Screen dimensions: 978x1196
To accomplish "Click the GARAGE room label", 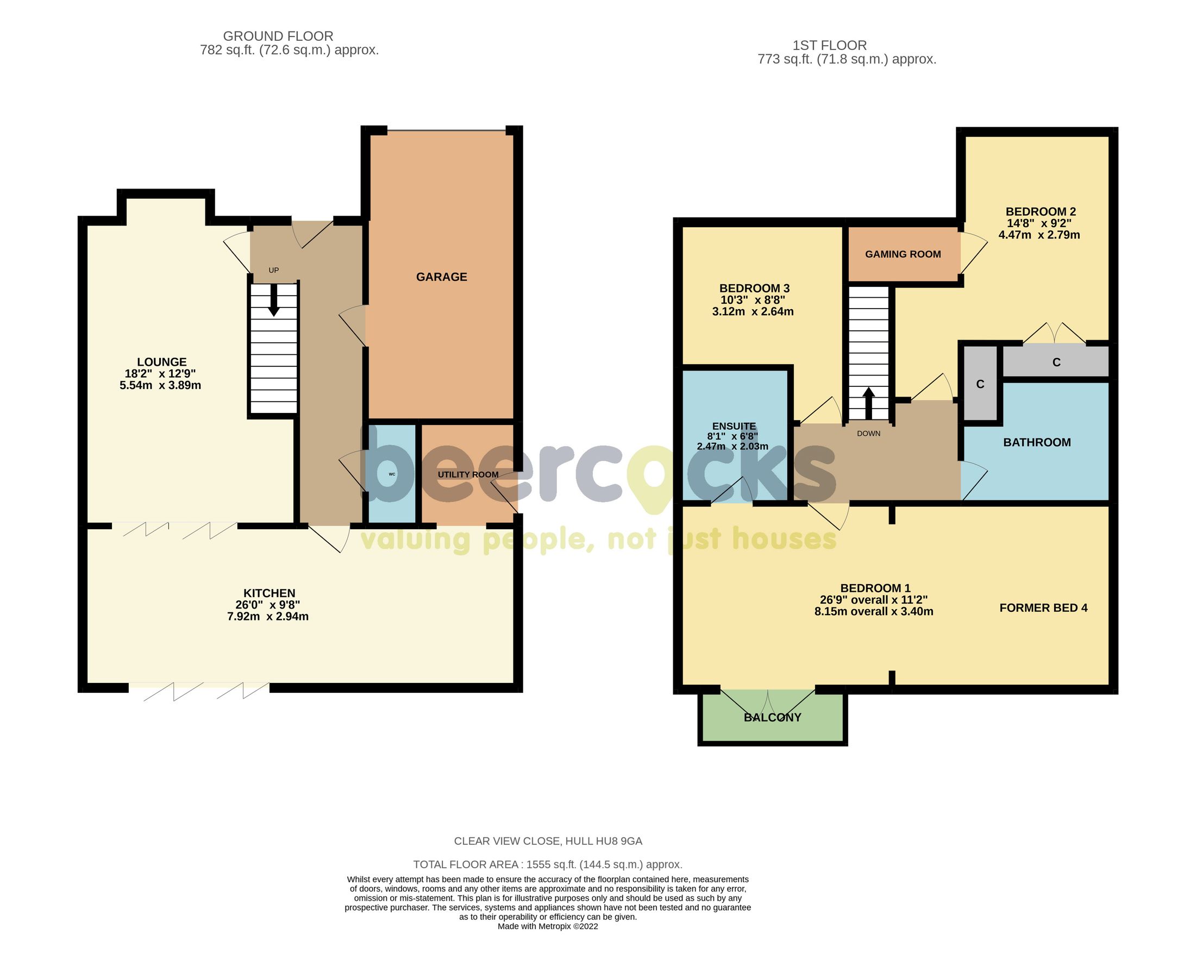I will tap(441, 277).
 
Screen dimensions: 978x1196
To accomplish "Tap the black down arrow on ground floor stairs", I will tap(273, 302).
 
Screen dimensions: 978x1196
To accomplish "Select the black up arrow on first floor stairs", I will tap(869, 402).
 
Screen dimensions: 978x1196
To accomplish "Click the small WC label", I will tap(392, 474).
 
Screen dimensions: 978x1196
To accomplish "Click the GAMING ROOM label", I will tap(903, 254).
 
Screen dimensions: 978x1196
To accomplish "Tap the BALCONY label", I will tap(772, 717).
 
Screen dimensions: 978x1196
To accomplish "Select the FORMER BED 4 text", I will tap(1043, 608).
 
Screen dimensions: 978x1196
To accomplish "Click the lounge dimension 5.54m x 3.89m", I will tap(160, 385).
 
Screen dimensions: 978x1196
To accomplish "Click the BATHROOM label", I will tap(1037, 442).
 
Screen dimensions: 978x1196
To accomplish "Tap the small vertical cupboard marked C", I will tap(980, 384).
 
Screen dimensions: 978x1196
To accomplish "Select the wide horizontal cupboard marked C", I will tap(1056, 362).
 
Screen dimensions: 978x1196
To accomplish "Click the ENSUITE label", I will tap(734, 427).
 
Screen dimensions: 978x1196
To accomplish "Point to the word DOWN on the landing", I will tap(868, 433).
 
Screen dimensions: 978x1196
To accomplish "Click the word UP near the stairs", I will tap(273, 271).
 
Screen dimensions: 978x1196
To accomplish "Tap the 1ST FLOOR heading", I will tap(829, 45).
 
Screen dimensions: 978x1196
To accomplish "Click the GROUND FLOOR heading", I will tap(278, 36).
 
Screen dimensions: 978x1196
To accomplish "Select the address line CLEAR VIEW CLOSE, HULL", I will tap(548, 841).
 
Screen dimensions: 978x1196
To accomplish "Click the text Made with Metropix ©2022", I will tap(548, 926).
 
